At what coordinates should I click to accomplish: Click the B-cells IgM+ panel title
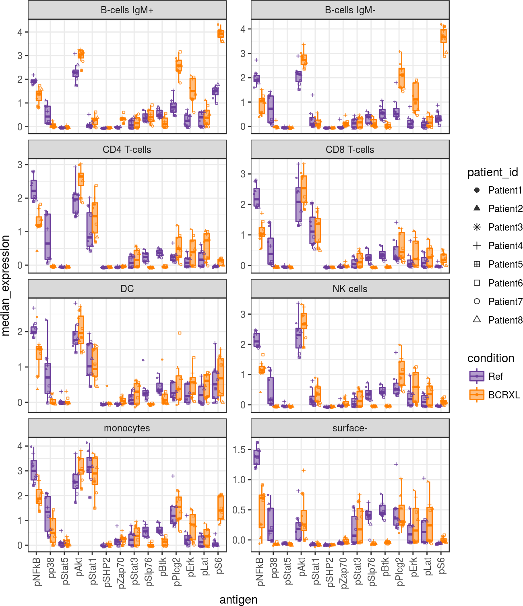click(x=127, y=10)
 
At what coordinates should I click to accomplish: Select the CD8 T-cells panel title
click(x=350, y=150)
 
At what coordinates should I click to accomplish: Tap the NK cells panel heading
click(x=350, y=289)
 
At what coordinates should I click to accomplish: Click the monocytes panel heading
click(x=127, y=428)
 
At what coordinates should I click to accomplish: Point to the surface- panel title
click(x=350, y=428)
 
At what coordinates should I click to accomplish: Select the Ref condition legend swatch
click(x=477, y=376)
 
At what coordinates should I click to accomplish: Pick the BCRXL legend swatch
click(x=477, y=395)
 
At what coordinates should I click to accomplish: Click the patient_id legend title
click(x=492, y=172)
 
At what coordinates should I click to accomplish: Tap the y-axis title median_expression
click(x=6, y=285)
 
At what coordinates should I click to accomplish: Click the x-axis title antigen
click(x=238, y=600)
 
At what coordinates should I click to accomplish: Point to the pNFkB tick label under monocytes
click(x=37, y=571)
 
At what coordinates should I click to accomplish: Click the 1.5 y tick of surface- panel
click(x=240, y=449)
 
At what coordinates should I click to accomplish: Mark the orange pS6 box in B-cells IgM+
click(x=221, y=34)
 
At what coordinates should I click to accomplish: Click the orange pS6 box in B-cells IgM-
click(x=444, y=36)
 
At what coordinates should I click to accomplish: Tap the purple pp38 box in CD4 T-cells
click(x=48, y=237)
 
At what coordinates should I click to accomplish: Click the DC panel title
click(x=127, y=289)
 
